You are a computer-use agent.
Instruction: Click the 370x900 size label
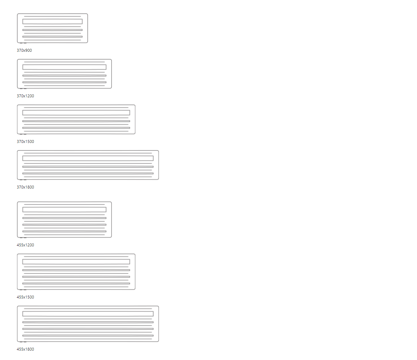(24, 50)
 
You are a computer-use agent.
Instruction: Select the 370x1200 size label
(25, 96)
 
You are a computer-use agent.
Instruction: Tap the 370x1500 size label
(25, 141)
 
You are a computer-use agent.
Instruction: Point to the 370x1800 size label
(25, 187)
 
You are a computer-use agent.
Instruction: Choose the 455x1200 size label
(25, 245)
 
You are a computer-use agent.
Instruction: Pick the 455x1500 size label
(25, 297)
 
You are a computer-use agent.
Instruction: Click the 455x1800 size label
(25, 349)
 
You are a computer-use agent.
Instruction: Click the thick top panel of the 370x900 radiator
(52, 21)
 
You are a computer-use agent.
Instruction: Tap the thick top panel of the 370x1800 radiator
(88, 158)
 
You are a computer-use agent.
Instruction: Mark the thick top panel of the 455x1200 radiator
(64, 209)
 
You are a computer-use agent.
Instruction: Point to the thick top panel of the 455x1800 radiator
(88, 314)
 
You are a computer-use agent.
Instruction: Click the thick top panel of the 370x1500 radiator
(76, 113)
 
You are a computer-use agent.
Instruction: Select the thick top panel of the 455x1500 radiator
(76, 262)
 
